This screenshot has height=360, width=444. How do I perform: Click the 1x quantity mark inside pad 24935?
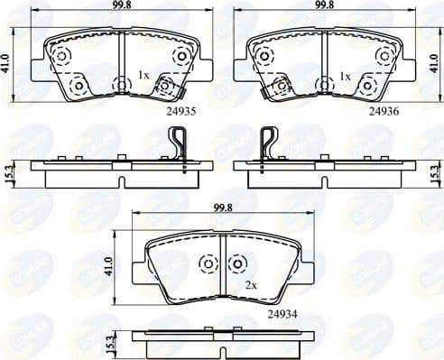143,77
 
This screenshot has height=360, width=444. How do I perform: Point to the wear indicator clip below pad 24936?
269,145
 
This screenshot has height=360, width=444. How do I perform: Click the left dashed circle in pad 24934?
207,263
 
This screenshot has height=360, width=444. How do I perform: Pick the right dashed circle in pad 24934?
237,263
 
